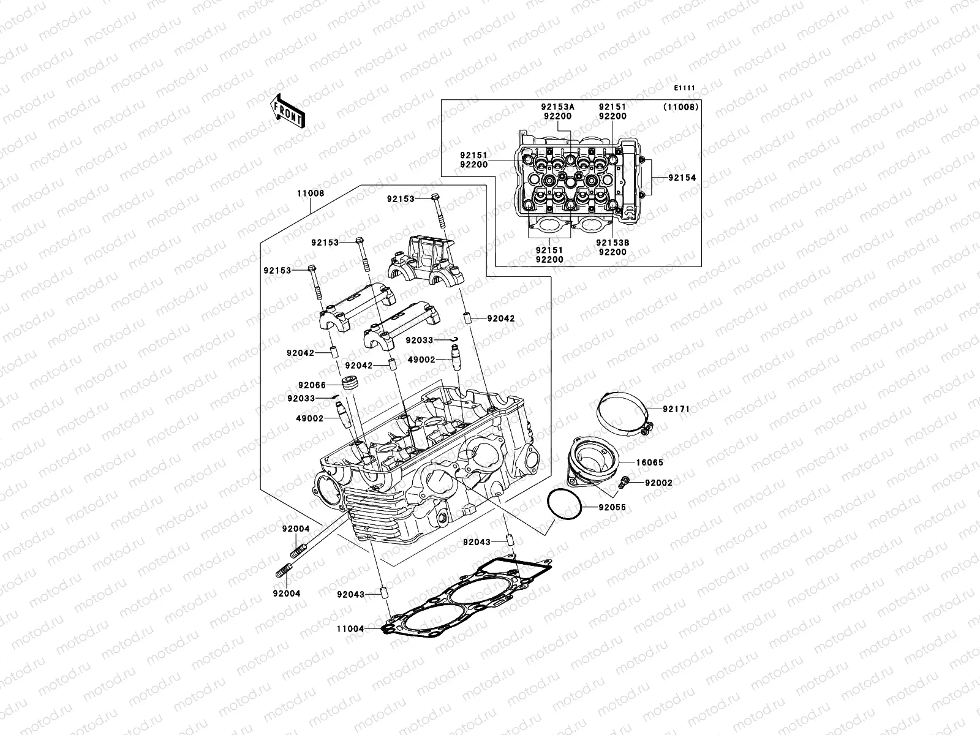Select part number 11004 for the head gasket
pos(350,629)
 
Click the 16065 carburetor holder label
pos(649,463)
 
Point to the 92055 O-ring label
pos(612,508)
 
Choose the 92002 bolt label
pos(658,483)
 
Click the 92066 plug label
pos(312,385)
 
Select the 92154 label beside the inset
pos(682,178)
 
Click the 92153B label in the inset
pos(612,243)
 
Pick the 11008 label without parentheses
pos(311,192)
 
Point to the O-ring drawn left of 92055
pos(564,507)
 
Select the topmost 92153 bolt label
pos(401,198)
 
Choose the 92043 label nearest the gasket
pos(350,594)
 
